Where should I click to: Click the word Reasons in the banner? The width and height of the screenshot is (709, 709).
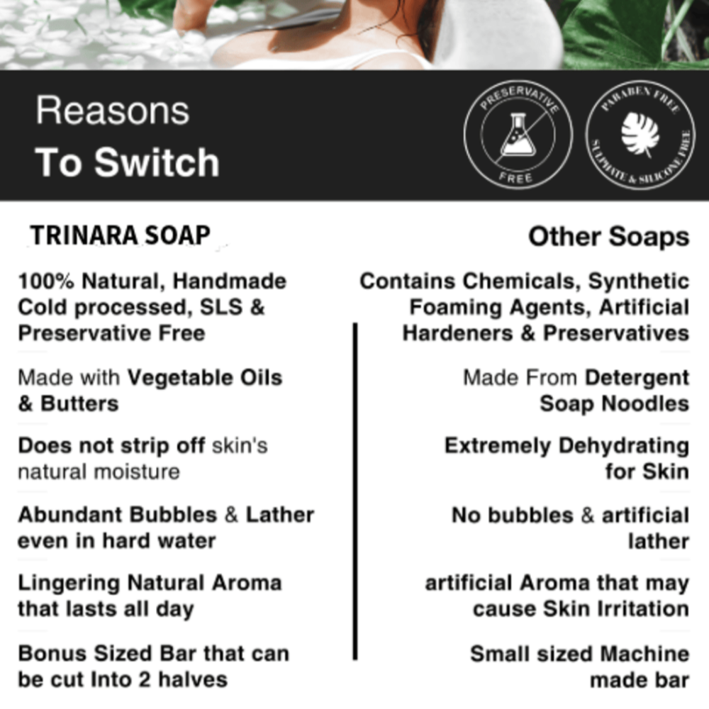[113, 111]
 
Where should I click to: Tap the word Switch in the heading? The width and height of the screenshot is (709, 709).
[157, 162]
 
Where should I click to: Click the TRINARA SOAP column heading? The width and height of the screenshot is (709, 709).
[121, 235]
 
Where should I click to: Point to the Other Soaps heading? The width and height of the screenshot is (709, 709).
[608, 237]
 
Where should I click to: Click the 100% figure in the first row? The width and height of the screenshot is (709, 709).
[46, 281]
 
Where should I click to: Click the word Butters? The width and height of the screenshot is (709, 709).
[79, 403]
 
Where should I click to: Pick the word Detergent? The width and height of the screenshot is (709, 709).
[637, 378]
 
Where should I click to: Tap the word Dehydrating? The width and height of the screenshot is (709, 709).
[624, 446]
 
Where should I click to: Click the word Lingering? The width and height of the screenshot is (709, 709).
[69, 584]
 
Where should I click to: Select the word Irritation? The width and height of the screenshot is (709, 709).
[644, 608]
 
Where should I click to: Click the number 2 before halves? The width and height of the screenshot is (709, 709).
[144, 680]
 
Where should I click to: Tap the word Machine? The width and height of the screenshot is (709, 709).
[645, 654]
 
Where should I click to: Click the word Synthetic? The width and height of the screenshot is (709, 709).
[639, 281]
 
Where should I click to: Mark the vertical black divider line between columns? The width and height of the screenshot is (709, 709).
[355, 491]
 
